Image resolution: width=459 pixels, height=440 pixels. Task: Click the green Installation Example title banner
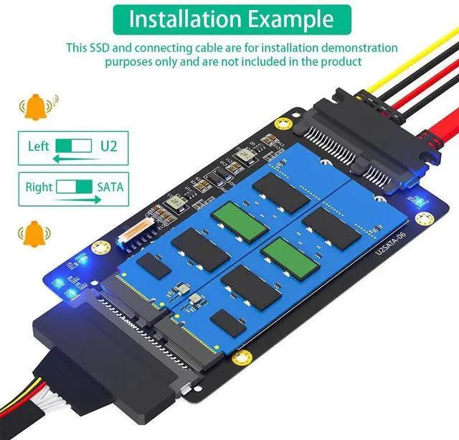[x=232, y=19]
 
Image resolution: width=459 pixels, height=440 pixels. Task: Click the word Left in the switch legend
[x=39, y=146]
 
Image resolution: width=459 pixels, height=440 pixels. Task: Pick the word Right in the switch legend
[x=39, y=187]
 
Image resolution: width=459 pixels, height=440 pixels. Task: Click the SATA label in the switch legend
[x=110, y=187]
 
